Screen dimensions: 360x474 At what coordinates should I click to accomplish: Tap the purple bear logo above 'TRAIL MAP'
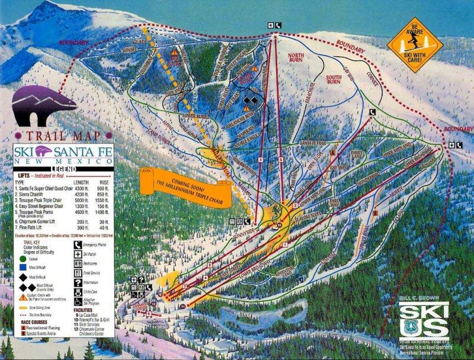[44, 101]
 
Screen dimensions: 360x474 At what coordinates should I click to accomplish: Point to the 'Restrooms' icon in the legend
[77, 255]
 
